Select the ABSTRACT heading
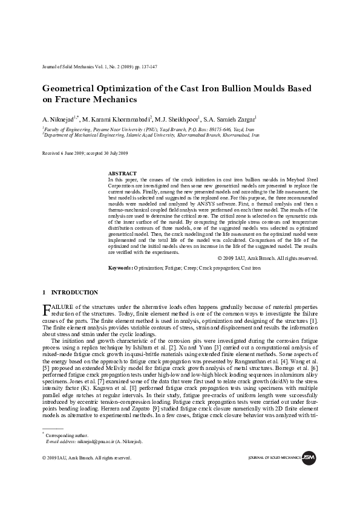(122, 173)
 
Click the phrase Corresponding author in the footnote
(67, 435)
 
